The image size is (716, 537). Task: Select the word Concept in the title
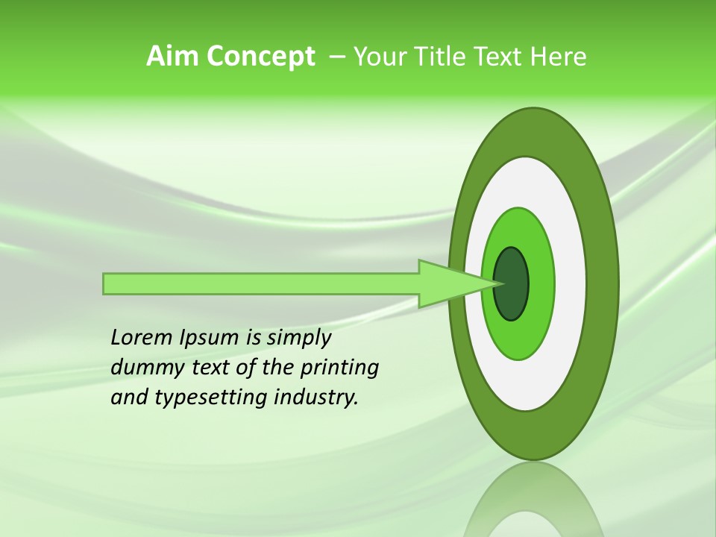pos(261,57)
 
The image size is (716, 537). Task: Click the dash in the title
pos(336,57)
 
